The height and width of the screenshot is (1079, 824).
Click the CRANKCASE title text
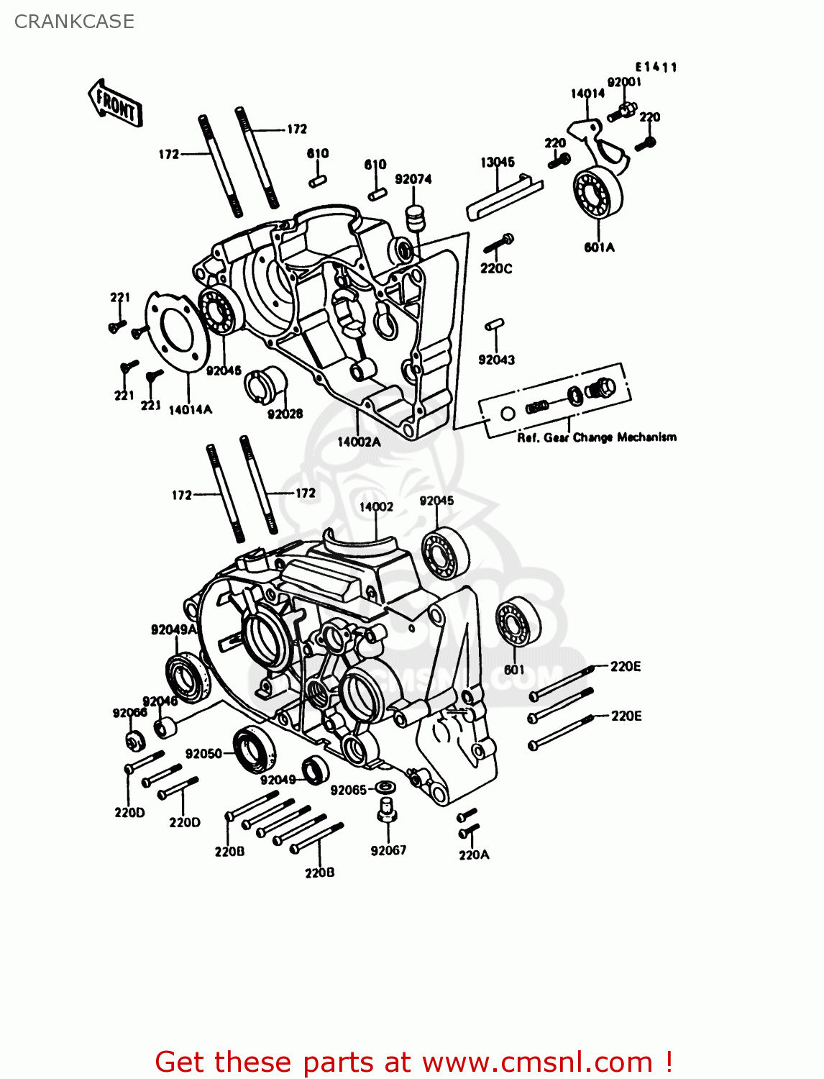74,22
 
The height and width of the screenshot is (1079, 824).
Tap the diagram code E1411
656,67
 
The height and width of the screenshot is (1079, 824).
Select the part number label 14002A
359,442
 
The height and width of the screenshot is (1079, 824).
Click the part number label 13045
498,163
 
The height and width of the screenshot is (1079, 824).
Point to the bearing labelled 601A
598,191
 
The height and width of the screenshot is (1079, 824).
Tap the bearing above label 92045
444,552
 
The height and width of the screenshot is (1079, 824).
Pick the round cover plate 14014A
177,332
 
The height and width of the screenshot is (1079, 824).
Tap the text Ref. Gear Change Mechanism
596,437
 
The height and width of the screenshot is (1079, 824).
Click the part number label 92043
496,360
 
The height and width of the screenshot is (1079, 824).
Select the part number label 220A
474,855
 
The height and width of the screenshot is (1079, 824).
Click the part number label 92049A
173,629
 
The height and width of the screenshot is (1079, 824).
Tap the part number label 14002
376,506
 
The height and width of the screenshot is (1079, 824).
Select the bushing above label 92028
265,383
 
